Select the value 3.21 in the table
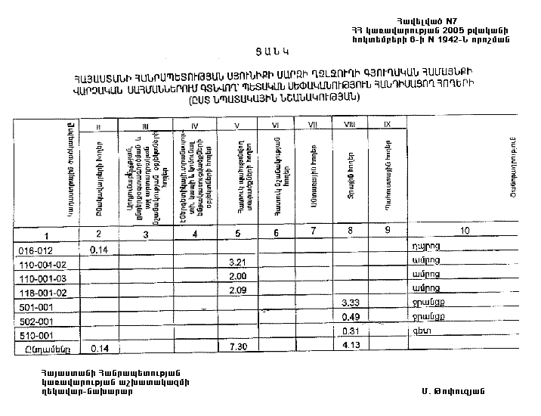point(239,262)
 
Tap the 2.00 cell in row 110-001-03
point(239,276)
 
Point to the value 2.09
point(239,290)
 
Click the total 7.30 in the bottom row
point(239,346)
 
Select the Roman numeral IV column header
point(195,125)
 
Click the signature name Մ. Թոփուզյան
point(453,392)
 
